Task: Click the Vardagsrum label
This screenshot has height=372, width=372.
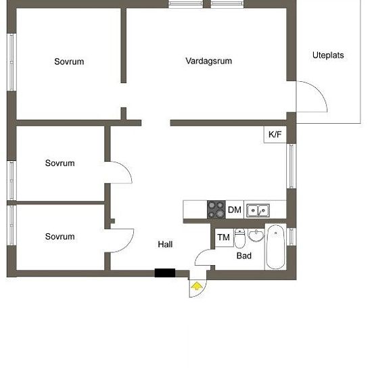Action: pos(209,61)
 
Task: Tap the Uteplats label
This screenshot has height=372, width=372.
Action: pos(328,55)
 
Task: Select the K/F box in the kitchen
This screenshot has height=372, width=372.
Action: pos(275,135)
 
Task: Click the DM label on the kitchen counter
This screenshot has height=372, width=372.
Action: pos(234,210)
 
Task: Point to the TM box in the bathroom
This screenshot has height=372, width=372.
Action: pos(223,237)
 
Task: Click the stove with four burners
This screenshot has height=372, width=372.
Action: pos(216,210)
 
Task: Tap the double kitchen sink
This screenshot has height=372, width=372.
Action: pos(256,210)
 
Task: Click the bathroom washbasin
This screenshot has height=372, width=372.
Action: pos(256,235)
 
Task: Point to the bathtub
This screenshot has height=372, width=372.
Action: pos(276,248)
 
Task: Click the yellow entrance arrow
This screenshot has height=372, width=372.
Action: pos(197,286)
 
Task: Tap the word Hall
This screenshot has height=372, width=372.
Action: pos(166,244)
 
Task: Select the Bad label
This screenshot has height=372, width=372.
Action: pos(243,256)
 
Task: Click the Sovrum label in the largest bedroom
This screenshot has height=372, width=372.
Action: pos(69,62)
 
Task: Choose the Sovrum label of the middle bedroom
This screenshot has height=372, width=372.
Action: pos(60,163)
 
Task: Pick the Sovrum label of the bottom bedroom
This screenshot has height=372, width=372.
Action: pos(60,237)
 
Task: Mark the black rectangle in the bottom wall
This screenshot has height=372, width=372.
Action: pos(165,273)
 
